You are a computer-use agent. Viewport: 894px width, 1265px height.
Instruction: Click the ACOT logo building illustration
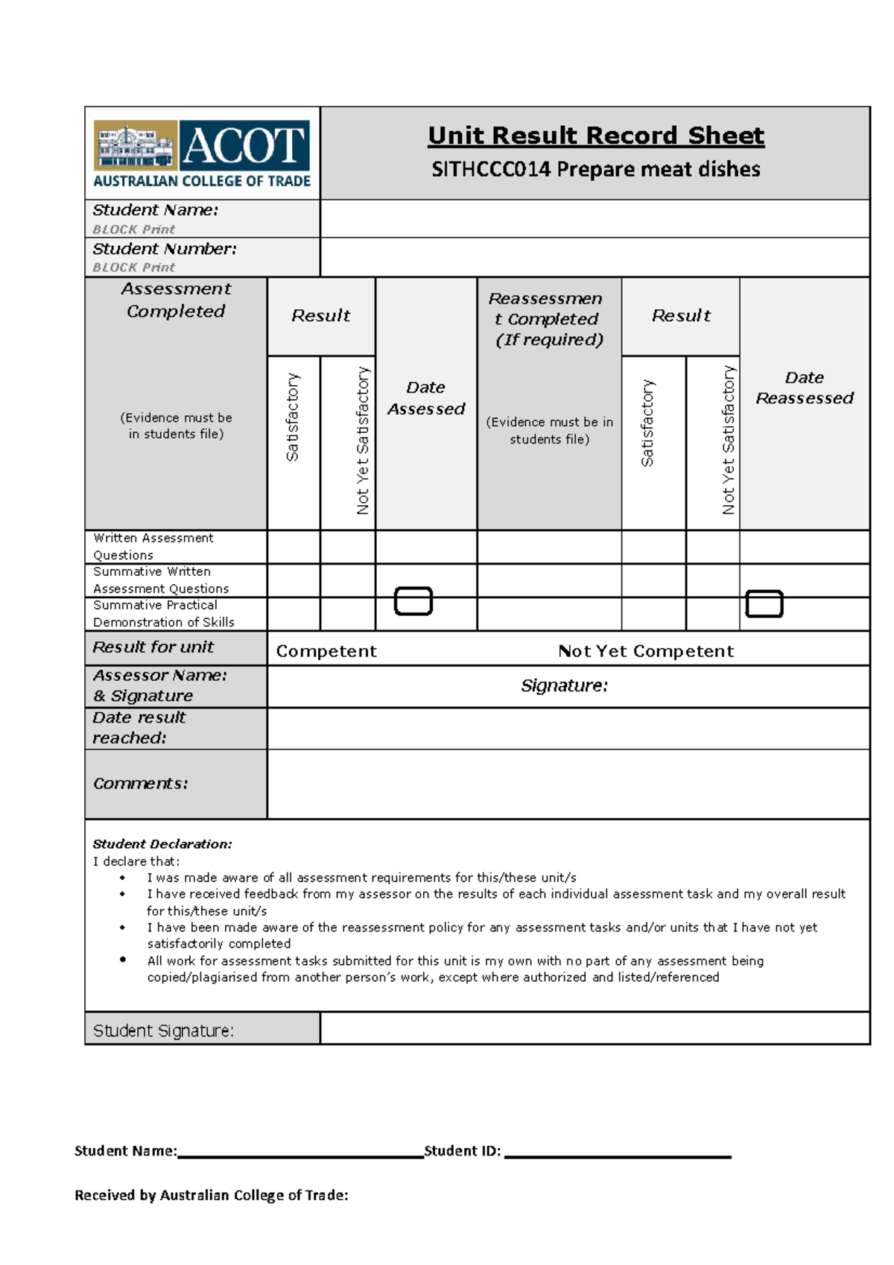coord(135,145)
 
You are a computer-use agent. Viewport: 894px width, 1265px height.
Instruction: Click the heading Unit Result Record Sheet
coord(595,136)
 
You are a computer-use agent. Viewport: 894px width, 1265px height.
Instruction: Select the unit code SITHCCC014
coord(491,170)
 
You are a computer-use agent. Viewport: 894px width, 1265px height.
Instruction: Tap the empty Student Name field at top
coord(595,219)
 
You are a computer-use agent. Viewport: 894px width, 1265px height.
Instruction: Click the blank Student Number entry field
coord(595,258)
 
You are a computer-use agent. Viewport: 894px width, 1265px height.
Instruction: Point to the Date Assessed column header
coord(426,399)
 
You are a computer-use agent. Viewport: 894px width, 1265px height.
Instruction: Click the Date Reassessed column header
coord(804,388)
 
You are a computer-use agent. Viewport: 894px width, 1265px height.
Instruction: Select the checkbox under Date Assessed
coord(413,601)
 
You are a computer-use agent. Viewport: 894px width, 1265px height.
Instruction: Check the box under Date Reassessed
coord(764,604)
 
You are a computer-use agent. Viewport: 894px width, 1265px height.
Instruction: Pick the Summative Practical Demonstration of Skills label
coord(163,614)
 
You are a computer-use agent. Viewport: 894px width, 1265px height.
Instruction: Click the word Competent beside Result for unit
coord(326,651)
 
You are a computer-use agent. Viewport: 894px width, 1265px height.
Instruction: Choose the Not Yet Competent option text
coord(646,651)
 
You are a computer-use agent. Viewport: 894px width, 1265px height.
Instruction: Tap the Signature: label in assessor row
coord(564,685)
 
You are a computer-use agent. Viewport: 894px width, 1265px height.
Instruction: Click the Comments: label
coord(141,784)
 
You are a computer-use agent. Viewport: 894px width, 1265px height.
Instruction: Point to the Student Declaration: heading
coord(162,844)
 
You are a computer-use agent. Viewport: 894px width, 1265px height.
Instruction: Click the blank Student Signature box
coord(595,1029)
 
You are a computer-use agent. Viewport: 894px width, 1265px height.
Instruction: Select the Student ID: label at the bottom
coord(462,1151)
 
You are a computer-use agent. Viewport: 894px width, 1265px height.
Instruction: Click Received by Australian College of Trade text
coord(212,1196)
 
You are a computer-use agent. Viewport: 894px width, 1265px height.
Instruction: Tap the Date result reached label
coord(139,728)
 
